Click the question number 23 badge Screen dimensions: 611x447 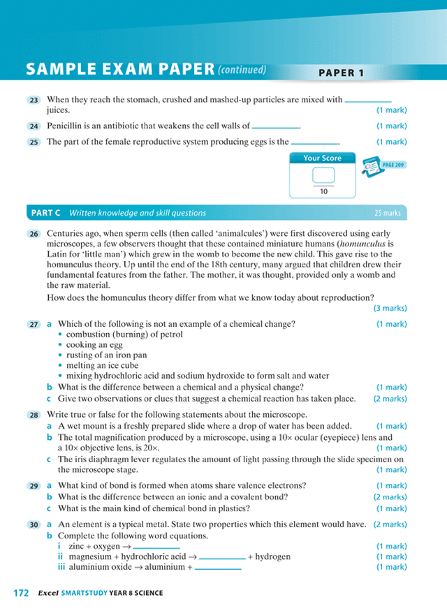tap(34, 100)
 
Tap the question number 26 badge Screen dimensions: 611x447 tap(34, 233)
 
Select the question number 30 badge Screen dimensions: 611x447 tap(34, 524)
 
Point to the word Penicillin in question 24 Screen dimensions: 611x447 tap(68, 126)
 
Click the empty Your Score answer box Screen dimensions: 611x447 tap(323, 175)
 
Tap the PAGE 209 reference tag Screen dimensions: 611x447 tap(394, 165)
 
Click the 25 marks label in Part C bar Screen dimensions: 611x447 tap(388, 213)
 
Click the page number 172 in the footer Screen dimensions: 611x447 tap(21, 593)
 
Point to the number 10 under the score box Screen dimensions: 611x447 tap(323, 191)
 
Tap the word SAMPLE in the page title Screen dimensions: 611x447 tap(61, 69)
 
